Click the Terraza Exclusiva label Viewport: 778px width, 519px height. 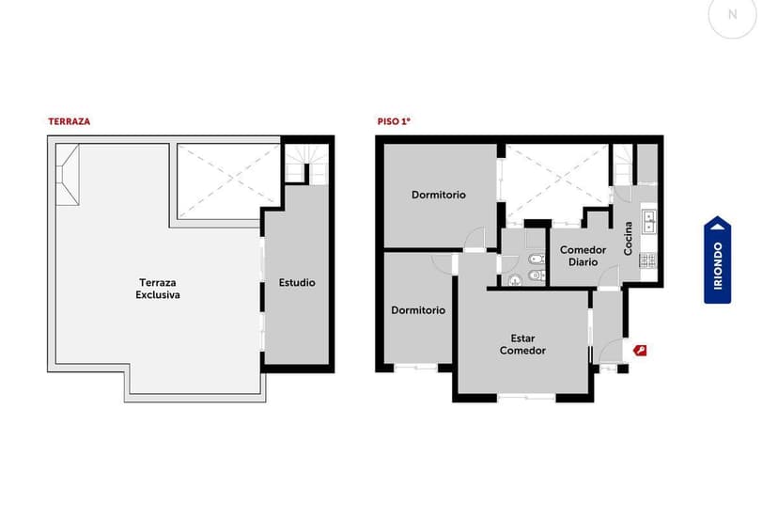(x=158, y=289)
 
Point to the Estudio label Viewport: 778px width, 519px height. (x=297, y=282)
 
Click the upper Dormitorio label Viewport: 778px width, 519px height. (x=439, y=195)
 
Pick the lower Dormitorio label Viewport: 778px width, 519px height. (x=418, y=309)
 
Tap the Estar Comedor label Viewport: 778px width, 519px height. (x=522, y=344)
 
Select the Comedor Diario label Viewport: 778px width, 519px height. (x=583, y=256)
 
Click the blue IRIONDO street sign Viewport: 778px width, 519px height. (x=718, y=260)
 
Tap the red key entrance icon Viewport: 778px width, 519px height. (x=640, y=351)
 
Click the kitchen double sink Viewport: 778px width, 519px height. (x=648, y=221)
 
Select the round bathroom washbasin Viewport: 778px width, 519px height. (x=514, y=280)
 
